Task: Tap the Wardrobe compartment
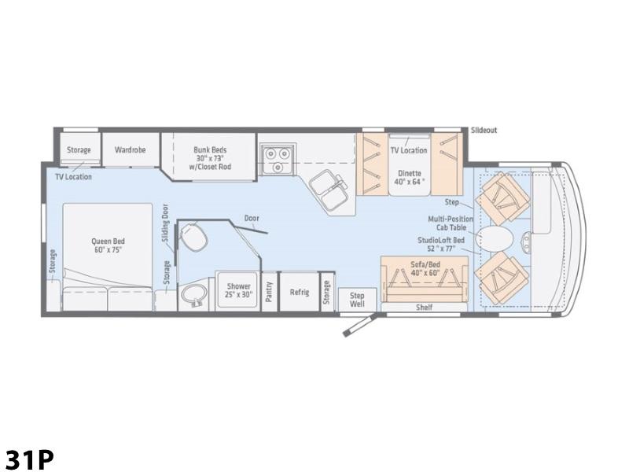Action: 131,149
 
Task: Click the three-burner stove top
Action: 278,159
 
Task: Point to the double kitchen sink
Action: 329,189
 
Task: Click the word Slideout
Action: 484,130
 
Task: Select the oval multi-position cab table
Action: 495,238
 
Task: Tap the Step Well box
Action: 357,300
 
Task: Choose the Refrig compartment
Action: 300,292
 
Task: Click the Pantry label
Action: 269,292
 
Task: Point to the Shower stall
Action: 238,290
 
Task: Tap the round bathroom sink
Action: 194,297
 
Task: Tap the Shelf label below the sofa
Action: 424,308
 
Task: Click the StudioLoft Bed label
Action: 441,245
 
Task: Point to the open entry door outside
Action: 359,325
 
